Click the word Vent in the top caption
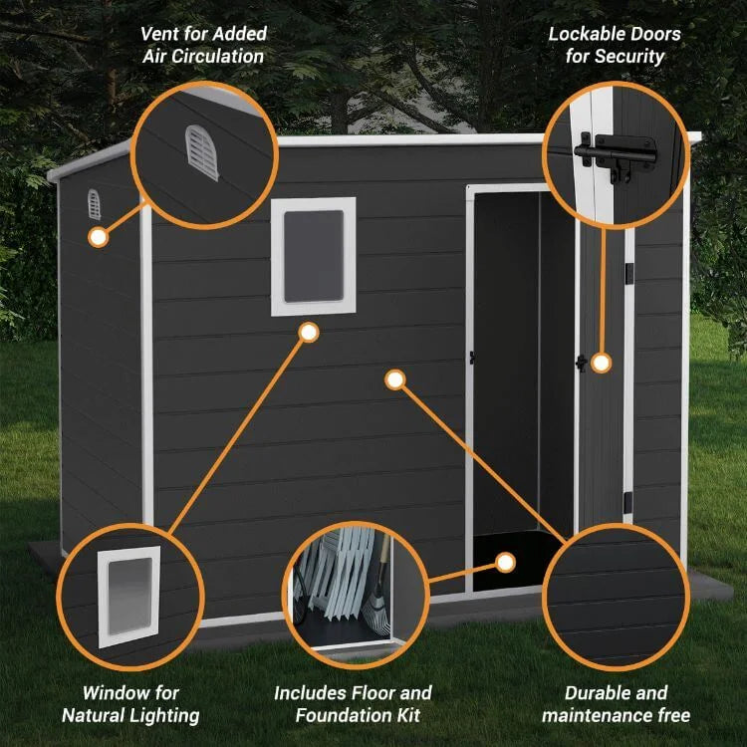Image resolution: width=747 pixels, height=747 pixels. pos(161,35)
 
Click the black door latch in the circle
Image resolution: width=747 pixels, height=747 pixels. pos(616,155)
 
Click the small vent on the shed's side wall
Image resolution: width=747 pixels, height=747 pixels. pos(94,204)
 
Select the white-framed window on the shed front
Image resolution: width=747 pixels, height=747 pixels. pos(313,256)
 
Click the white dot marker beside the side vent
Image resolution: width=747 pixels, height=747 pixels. pos(98,237)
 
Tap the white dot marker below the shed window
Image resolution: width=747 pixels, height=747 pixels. pos(309,332)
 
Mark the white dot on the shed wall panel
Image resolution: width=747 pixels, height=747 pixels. pos(394,379)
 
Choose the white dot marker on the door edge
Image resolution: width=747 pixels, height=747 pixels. pos(601,363)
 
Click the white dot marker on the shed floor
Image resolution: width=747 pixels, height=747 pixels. pos(505,563)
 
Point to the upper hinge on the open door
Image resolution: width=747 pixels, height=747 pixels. pos(629,272)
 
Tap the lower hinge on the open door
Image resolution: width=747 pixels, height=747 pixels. pos(627,502)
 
